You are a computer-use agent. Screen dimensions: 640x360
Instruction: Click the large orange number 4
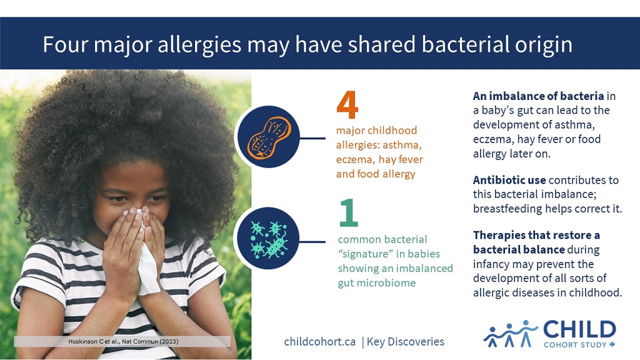pyautogui.click(x=347, y=104)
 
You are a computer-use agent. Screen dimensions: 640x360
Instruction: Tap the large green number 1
pyautogui.click(x=349, y=212)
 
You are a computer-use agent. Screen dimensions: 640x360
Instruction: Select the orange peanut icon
pyautogui.click(x=269, y=137)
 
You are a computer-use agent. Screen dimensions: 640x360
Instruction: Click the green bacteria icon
pyautogui.click(x=269, y=239)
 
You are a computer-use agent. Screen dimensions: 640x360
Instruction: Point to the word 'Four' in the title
pyautogui.click(x=65, y=44)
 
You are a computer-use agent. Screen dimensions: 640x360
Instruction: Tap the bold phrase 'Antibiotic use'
pyautogui.click(x=509, y=180)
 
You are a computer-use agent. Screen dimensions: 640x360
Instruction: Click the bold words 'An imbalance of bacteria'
pyautogui.click(x=538, y=96)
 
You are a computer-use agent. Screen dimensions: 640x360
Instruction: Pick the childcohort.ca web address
pyautogui.click(x=319, y=342)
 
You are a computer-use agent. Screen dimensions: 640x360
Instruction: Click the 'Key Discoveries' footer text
pyautogui.click(x=405, y=342)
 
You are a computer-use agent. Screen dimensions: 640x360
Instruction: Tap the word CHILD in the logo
pyautogui.click(x=579, y=329)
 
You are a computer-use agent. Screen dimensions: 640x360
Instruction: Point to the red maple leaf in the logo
pyautogui.click(x=612, y=344)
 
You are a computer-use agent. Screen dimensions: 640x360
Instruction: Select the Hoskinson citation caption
pyautogui.click(x=123, y=341)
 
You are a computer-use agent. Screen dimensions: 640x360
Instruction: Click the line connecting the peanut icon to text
pyautogui.click(x=312, y=138)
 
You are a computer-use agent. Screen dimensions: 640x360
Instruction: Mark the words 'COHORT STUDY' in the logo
pyautogui.click(x=575, y=345)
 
